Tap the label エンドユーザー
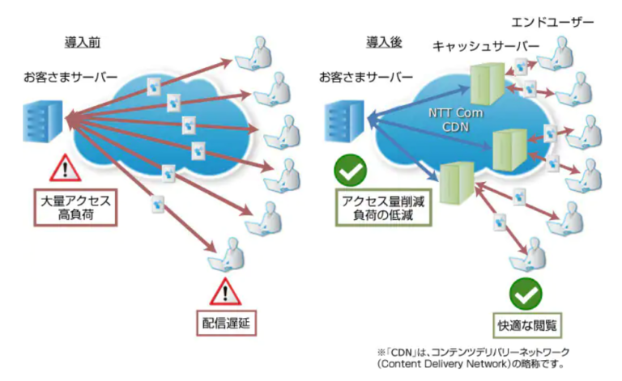point(560,19)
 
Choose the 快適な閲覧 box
point(530,324)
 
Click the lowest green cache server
point(456,184)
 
